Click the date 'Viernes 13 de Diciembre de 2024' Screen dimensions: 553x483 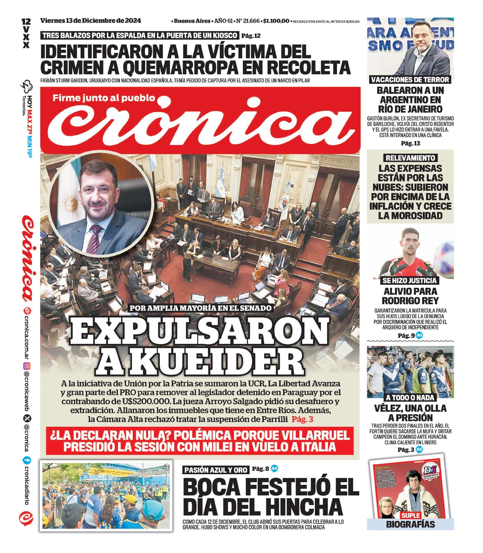91,21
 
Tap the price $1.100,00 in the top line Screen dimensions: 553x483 276,21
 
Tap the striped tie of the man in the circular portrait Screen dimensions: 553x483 94,239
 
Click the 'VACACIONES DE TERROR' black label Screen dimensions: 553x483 410,80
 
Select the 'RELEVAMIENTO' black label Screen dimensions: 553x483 410,158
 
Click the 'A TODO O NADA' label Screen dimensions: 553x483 410,397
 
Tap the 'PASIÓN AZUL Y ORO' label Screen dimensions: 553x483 216,470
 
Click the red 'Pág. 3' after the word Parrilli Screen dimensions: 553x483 302,419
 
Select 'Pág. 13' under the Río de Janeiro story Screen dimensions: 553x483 410,143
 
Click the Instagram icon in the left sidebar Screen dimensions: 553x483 27,366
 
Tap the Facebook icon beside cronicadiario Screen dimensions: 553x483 27,461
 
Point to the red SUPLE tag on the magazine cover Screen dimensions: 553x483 411,515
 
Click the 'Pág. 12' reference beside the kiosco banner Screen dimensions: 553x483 251,36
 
